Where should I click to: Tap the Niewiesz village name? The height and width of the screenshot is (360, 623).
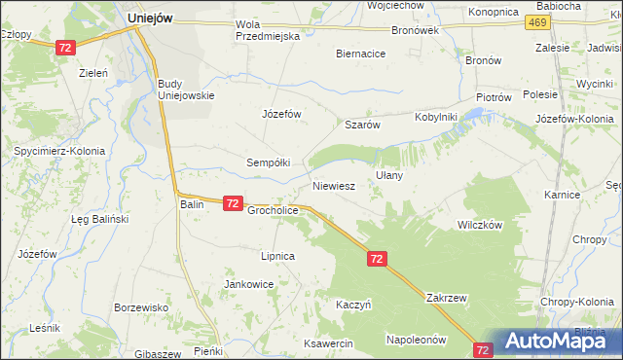pyautogui.click(x=332, y=184)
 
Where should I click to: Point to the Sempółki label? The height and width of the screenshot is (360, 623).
pyautogui.click(x=268, y=162)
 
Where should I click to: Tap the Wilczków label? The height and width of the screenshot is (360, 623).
pyautogui.click(x=479, y=224)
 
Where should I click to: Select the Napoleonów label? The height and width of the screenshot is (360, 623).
pyautogui.click(x=416, y=341)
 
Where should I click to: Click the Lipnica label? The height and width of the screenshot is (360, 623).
pyautogui.click(x=276, y=256)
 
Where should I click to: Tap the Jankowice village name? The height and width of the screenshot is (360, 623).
pyautogui.click(x=248, y=284)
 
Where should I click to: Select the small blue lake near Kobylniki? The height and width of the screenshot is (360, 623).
pyautogui.click(x=474, y=117)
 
